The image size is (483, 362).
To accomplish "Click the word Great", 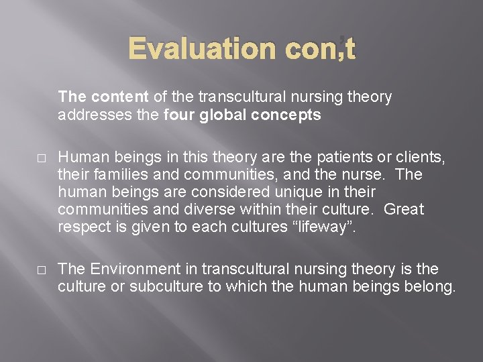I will tap(405, 209).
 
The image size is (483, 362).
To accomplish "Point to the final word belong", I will tap(431, 287).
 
